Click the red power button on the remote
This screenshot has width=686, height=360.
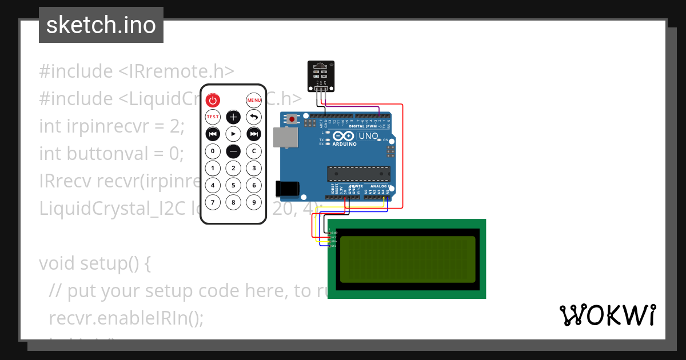click(x=213, y=101)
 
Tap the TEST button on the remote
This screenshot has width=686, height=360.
click(x=213, y=117)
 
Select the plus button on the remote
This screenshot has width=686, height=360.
click(x=233, y=117)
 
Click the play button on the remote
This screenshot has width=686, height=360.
click(x=233, y=134)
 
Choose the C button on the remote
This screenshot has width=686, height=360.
click(x=254, y=151)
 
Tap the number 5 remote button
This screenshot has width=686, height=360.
click(x=233, y=185)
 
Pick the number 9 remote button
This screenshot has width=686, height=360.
click(x=254, y=202)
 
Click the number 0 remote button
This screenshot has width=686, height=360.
click(x=213, y=151)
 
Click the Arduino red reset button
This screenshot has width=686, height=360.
click(x=292, y=120)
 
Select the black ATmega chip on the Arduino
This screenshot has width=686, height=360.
click(x=358, y=174)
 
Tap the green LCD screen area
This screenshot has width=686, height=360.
click(x=407, y=259)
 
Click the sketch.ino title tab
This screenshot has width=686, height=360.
click(x=101, y=25)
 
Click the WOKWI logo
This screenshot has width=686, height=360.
click(x=607, y=315)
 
